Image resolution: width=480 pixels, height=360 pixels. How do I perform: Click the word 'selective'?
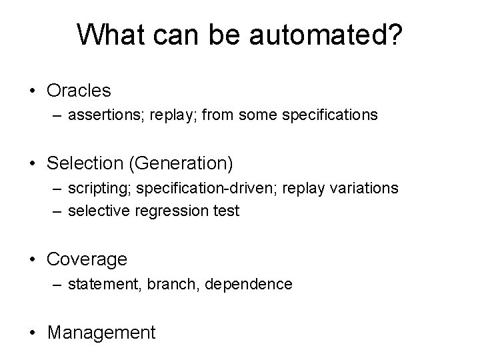coord(103,211)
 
